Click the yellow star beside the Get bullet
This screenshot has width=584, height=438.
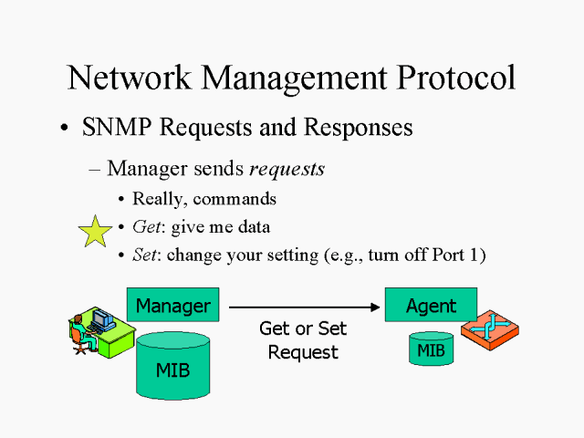(96, 232)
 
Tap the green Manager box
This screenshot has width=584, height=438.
(173, 306)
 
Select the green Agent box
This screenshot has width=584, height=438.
(432, 306)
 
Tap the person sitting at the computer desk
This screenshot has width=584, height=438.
(80, 331)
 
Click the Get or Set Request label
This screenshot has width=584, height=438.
(303, 340)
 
